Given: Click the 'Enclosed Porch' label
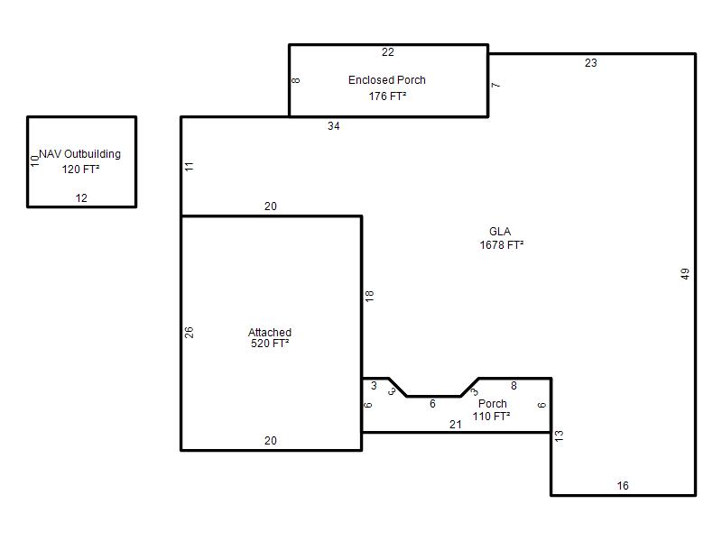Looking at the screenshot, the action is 387,80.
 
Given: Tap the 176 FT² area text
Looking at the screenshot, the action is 387,96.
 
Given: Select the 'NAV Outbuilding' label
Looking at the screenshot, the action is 79,153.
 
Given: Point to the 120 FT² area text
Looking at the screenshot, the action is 80,170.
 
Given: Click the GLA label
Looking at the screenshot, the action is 500,232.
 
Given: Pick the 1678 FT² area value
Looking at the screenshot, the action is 502,244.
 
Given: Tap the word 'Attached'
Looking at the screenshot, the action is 270,332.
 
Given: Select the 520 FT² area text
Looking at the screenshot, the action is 270,344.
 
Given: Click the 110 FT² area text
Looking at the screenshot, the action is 491,416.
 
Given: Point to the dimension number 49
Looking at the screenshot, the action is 685,274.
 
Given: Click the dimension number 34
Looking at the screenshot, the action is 333,126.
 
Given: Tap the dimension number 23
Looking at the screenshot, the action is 591,63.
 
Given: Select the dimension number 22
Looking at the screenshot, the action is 388,52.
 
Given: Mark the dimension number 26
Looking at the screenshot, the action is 189,332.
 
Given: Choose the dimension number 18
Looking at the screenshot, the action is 369,296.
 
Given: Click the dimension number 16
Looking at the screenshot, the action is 623,486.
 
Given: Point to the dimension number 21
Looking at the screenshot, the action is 456,425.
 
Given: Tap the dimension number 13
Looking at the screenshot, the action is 559,436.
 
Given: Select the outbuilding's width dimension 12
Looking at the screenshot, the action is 81,198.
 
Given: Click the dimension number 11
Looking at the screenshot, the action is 189,167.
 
